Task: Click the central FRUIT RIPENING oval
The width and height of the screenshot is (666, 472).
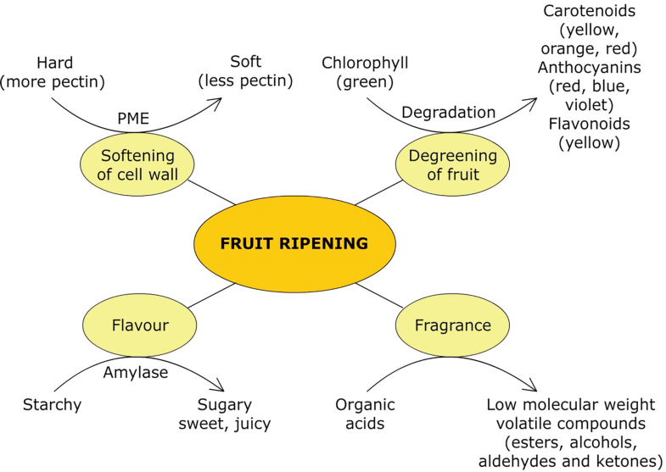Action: (294, 244)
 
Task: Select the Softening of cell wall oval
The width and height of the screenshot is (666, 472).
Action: (137, 164)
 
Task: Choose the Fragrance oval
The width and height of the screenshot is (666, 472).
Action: (452, 325)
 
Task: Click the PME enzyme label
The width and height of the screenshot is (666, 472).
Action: (132, 119)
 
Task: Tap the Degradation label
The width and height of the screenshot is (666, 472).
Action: (448, 112)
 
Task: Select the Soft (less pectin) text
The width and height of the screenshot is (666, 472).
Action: (245, 72)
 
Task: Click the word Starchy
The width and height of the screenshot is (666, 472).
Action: (53, 404)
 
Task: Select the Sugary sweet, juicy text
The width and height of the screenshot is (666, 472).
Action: (225, 414)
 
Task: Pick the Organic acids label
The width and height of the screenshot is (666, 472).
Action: (365, 414)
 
